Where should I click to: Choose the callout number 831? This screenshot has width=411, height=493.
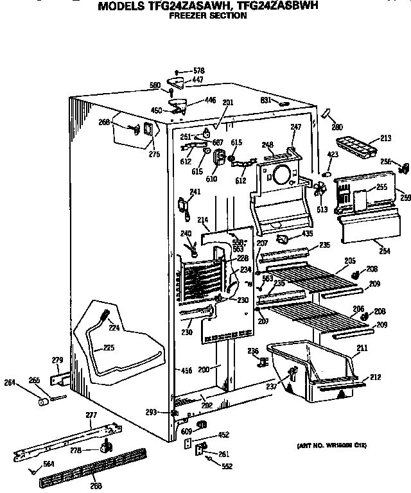coord(265,100)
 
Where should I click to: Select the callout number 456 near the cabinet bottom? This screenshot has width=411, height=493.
coord(186,370)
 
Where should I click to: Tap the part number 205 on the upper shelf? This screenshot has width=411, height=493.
coord(350,260)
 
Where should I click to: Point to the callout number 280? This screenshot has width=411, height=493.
coord(337,126)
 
